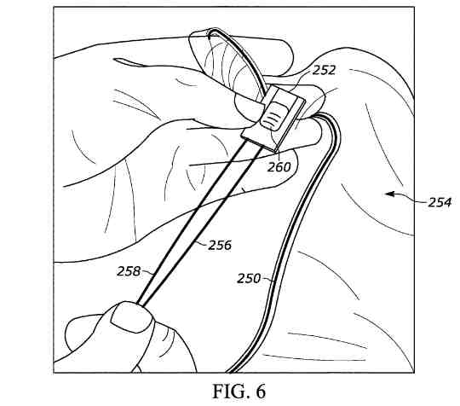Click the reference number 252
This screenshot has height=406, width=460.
(324, 70)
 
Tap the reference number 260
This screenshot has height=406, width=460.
(279, 167)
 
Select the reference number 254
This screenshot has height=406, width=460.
(440, 202)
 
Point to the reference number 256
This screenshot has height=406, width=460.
(220, 245)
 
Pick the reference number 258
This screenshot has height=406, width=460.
(129, 271)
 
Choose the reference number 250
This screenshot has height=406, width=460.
(249, 278)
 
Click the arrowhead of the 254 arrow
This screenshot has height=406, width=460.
(389, 194)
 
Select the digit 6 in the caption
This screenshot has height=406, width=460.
(260, 391)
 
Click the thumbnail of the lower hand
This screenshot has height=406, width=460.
(131, 317)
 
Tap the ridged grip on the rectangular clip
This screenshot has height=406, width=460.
(273, 116)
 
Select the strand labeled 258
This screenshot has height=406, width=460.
(191, 221)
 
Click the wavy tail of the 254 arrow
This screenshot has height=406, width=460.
(410, 197)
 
